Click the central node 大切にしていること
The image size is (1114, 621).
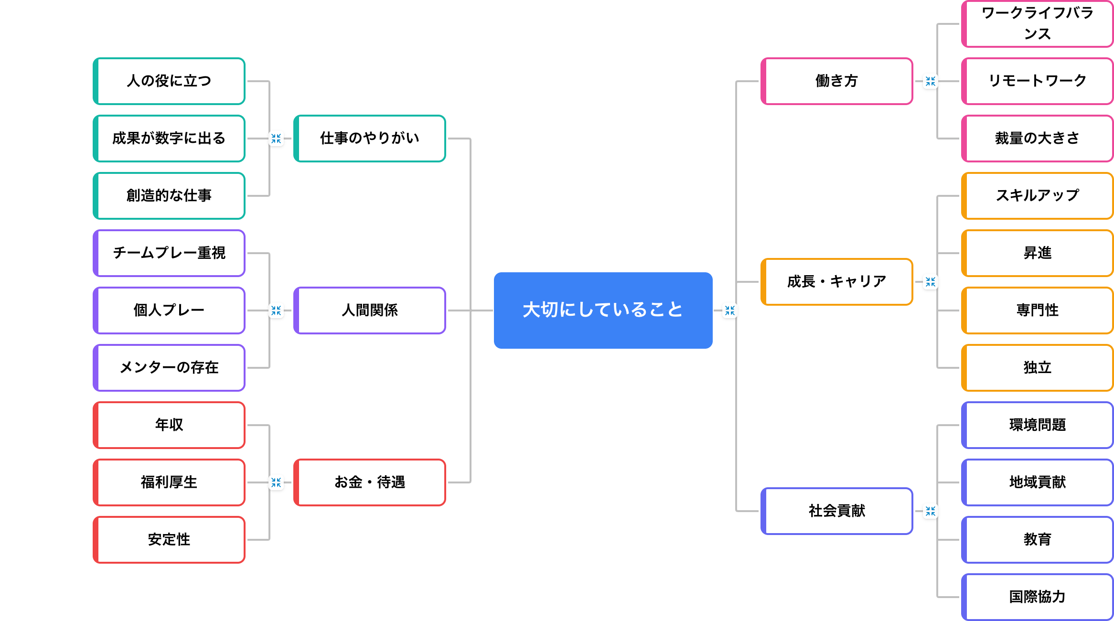603,310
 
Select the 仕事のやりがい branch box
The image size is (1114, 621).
369,139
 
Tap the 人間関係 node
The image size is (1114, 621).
369,310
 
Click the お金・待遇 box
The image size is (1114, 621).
369,482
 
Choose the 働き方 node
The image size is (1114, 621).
836,81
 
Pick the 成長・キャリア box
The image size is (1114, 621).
836,282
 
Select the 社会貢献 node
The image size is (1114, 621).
836,511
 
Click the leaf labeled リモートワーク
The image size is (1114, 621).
1037,81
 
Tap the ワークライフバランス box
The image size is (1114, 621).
1037,24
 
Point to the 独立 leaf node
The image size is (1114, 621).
1037,368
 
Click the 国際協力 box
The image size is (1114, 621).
1037,597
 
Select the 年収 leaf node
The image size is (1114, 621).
169,425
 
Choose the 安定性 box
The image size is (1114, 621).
169,540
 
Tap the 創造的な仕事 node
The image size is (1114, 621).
169,196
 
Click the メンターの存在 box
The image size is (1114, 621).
169,368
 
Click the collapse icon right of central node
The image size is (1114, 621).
729,310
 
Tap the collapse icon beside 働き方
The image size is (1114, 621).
930,81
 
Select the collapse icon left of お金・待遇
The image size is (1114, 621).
276,482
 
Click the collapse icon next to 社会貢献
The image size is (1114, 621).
930,511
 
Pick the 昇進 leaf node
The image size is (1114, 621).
1037,253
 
